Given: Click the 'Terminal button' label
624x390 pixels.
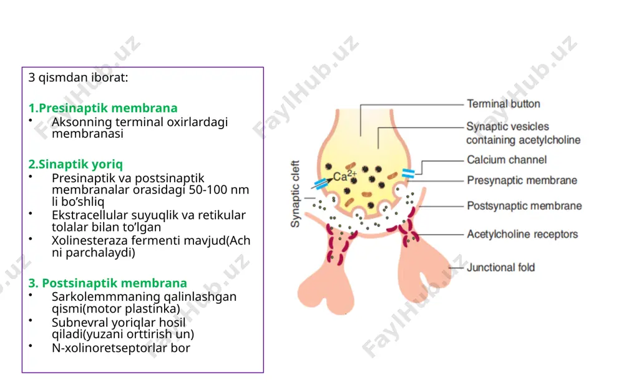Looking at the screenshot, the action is (x=504, y=104).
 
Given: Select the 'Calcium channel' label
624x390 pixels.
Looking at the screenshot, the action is (x=507, y=160).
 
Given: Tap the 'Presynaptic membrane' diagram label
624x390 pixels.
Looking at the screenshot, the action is (x=522, y=181).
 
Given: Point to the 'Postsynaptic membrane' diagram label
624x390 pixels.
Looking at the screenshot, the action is (x=524, y=206).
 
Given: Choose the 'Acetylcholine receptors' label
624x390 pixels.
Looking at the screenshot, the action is (x=522, y=235).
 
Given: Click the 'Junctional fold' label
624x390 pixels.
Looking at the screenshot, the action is (x=500, y=268).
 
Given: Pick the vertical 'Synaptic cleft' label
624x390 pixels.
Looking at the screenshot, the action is (x=295, y=194).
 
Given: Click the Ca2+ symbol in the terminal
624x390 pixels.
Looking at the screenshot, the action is (x=344, y=175).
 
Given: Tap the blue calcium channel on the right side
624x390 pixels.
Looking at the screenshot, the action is (x=408, y=173).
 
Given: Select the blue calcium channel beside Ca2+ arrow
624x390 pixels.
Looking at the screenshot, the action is (x=320, y=183).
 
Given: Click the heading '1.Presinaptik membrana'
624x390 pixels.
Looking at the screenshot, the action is (x=103, y=108).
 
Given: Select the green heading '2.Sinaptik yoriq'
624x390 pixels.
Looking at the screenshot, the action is (x=76, y=164).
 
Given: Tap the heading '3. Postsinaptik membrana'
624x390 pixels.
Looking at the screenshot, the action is (x=107, y=283).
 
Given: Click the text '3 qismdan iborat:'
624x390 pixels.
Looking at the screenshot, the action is (x=78, y=77).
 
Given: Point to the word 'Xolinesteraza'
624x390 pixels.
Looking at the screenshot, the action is (x=89, y=241).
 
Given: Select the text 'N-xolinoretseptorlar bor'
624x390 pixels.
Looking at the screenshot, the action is (x=121, y=348).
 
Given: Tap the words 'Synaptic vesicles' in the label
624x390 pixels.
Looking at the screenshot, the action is (x=507, y=127).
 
